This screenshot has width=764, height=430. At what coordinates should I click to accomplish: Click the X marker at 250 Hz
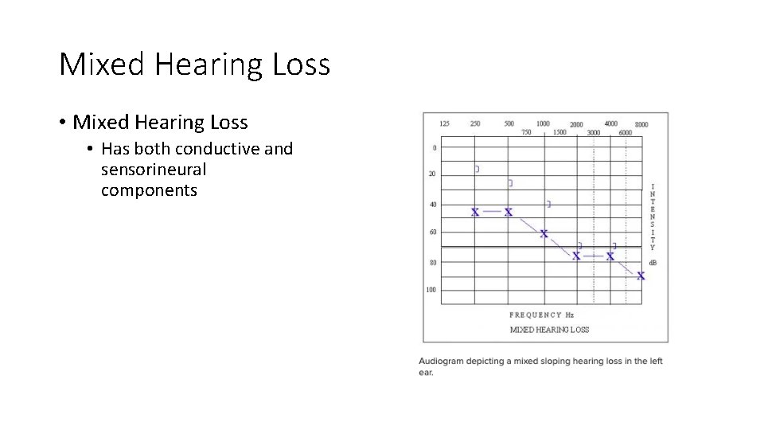(475, 213)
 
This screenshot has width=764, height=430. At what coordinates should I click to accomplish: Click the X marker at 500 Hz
(509, 213)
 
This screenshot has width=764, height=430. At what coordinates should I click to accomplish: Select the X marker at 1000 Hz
(544, 233)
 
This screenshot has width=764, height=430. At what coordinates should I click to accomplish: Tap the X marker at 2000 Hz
(576, 256)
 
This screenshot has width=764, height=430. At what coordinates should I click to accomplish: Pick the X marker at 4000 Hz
(610, 256)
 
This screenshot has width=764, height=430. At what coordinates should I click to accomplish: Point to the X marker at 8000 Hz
(641, 276)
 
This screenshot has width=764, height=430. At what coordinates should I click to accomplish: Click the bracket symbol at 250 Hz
(477, 169)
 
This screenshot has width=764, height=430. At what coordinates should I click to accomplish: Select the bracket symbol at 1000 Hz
(548, 205)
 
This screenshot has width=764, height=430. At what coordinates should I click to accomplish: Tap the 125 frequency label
(444, 123)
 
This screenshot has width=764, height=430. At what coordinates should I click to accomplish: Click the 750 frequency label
(526, 132)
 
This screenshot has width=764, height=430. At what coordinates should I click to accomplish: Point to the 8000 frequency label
(641, 124)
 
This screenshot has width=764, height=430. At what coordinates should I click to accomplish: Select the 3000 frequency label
(594, 133)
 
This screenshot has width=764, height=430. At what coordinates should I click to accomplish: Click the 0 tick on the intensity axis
(434, 147)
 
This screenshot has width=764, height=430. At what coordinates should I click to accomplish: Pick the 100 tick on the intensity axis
(431, 290)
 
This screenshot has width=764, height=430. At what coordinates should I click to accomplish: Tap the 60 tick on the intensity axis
(433, 233)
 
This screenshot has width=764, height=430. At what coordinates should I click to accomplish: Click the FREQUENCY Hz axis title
(541, 315)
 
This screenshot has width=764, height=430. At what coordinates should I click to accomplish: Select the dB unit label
(653, 262)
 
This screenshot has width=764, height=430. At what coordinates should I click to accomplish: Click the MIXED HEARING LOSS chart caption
(549, 330)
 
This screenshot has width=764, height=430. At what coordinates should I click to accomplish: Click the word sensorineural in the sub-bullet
(154, 170)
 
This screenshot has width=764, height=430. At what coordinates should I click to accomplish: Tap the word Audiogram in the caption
(442, 362)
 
